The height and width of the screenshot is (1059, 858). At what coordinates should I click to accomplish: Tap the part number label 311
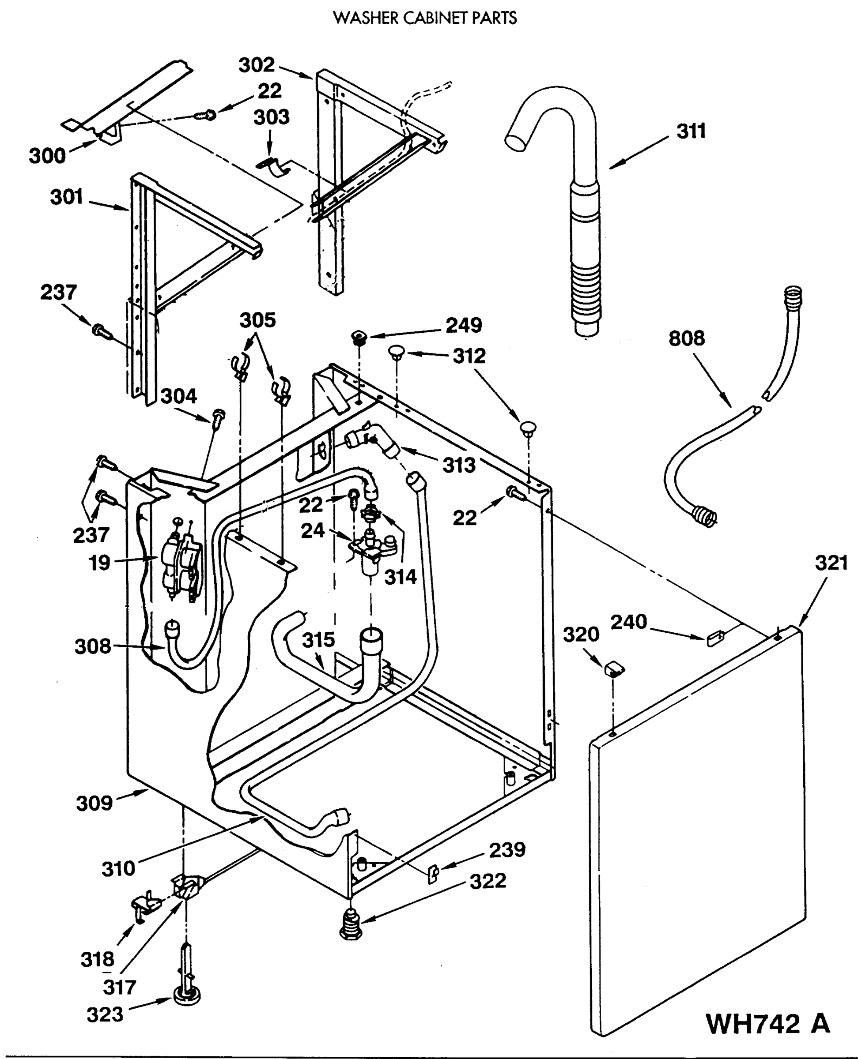tap(691, 131)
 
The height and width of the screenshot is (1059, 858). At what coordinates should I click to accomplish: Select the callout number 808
tap(687, 338)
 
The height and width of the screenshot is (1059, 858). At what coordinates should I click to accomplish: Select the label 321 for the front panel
tap(831, 563)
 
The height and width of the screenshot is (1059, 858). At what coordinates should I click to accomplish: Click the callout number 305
tap(257, 320)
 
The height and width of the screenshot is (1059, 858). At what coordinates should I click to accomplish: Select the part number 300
tap(47, 156)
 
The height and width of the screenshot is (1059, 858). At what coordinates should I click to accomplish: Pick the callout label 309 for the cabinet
tap(94, 804)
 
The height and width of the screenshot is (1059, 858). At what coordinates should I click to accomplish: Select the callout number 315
tap(318, 640)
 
